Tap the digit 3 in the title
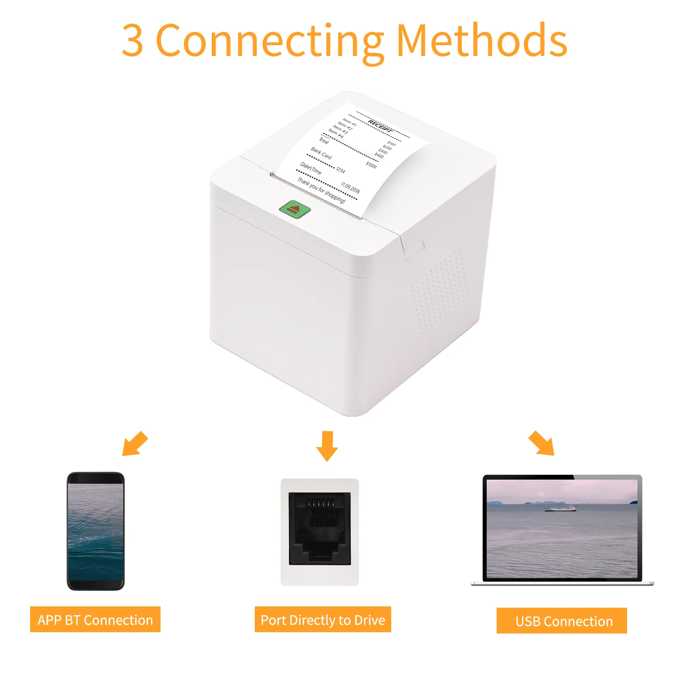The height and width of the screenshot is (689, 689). click(132, 41)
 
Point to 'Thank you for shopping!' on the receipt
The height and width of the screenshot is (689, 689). click(321, 190)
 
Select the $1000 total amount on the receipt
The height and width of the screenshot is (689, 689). click(371, 165)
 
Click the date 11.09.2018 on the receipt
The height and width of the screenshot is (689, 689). click(350, 188)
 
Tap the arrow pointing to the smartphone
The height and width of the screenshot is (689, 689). click(134, 443)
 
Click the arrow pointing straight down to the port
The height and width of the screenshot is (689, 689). click(327, 446)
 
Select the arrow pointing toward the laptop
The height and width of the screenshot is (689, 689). click(542, 443)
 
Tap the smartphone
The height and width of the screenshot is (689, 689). click(96, 531)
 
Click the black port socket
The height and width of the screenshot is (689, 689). click(320, 529)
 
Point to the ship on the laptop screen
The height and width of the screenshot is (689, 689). click(560, 507)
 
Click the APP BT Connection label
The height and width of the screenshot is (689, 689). click(95, 620)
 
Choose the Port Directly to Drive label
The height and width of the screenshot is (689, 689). click(323, 620)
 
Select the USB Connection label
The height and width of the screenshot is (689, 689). click(562, 621)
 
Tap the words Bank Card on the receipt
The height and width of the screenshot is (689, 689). click(321, 153)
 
